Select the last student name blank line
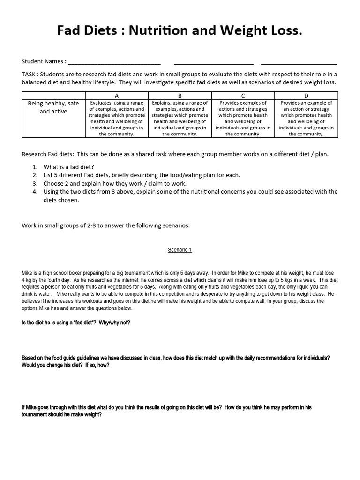tap(299, 63)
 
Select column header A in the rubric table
tap(117, 95)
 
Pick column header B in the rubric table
tap(180, 95)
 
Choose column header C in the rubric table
tap(243, 95)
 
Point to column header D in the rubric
tap(306, 95)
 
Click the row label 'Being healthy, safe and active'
tap(53, 107)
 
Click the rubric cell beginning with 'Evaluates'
tap(117, 118)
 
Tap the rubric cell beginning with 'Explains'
tap(180, 118)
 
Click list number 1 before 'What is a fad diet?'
tap(35, 167)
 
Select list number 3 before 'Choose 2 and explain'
tap(35, 183)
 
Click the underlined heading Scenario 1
tap(180, 250)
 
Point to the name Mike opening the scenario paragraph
tap(27, 273)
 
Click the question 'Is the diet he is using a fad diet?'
tap(76, 323)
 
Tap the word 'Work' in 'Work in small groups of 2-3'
tap(29, 225)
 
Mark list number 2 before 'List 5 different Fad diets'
tap(35, 175)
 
